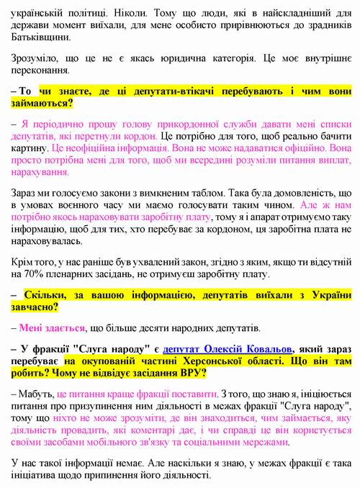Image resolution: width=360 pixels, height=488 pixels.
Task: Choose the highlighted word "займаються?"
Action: (42, 104)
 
